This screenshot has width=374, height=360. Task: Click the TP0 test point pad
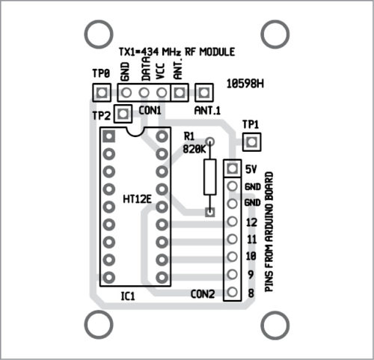102,93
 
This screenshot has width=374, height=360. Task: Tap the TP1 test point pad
251,142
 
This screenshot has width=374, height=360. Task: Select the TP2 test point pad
123,114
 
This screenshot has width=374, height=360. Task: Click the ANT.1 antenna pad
204,93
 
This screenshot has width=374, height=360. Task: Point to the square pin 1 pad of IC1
109,136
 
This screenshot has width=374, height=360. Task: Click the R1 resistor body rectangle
210,177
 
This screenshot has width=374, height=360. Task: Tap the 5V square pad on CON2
233,168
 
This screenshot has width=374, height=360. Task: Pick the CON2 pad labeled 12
233,222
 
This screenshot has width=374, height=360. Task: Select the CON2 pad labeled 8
233,292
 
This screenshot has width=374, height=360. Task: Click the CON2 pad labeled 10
233,257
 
